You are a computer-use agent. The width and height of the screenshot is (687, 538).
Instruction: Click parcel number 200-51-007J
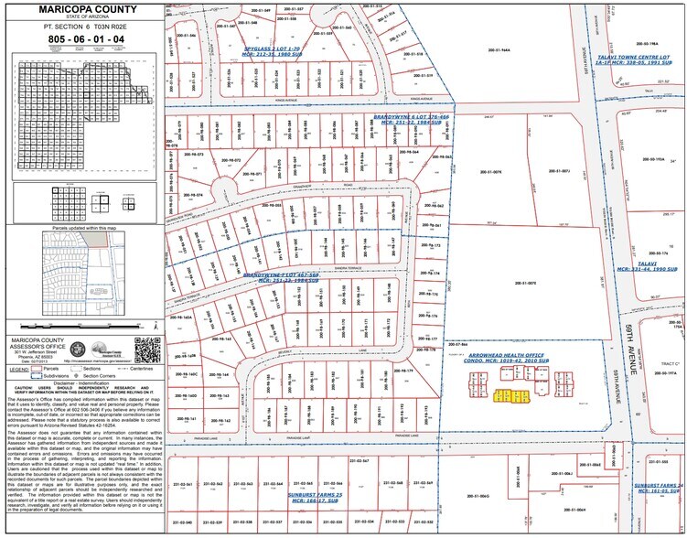click(559, 170)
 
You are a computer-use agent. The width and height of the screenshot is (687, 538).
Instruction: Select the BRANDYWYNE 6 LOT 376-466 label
click(413, 118)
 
